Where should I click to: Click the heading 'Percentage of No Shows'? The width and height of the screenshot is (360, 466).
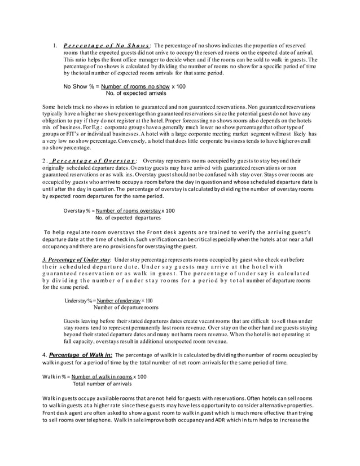[107, 46]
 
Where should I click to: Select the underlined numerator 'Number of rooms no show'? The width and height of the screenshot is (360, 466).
[132, 86]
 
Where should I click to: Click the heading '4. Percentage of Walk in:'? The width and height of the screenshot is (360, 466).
[78, 354]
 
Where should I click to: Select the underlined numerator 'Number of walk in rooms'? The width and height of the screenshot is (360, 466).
[102, 376]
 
